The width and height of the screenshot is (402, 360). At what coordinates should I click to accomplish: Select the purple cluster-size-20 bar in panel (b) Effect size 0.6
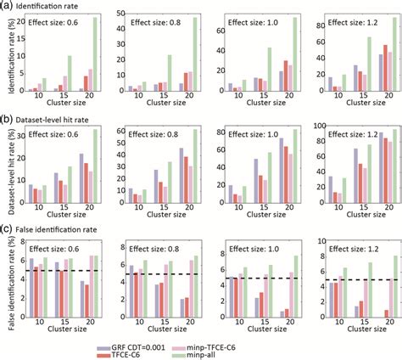pos(81,182)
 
